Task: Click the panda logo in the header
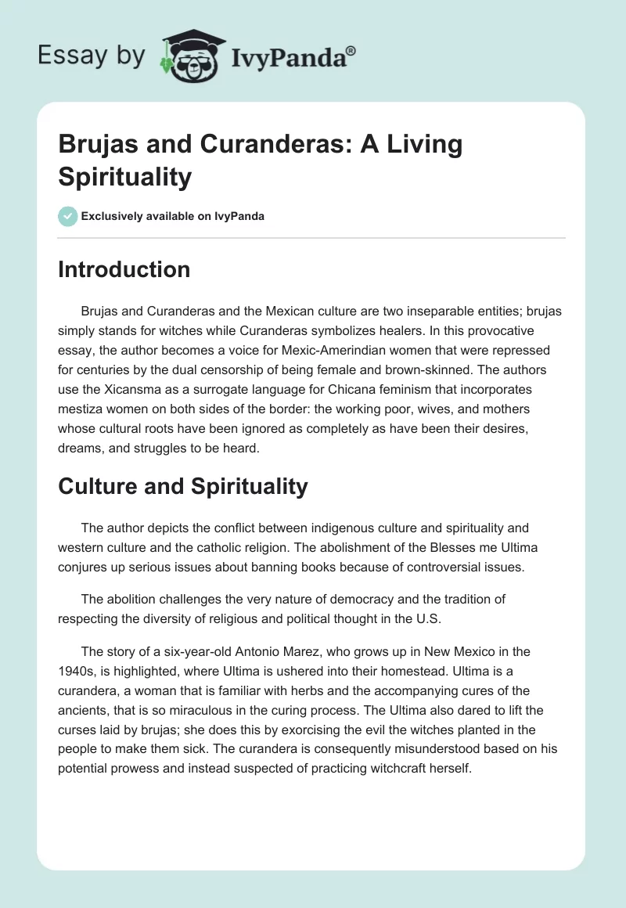point(190,56)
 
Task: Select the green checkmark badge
point(68,216)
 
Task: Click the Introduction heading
point(124,270)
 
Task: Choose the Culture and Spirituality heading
point(182,486)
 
